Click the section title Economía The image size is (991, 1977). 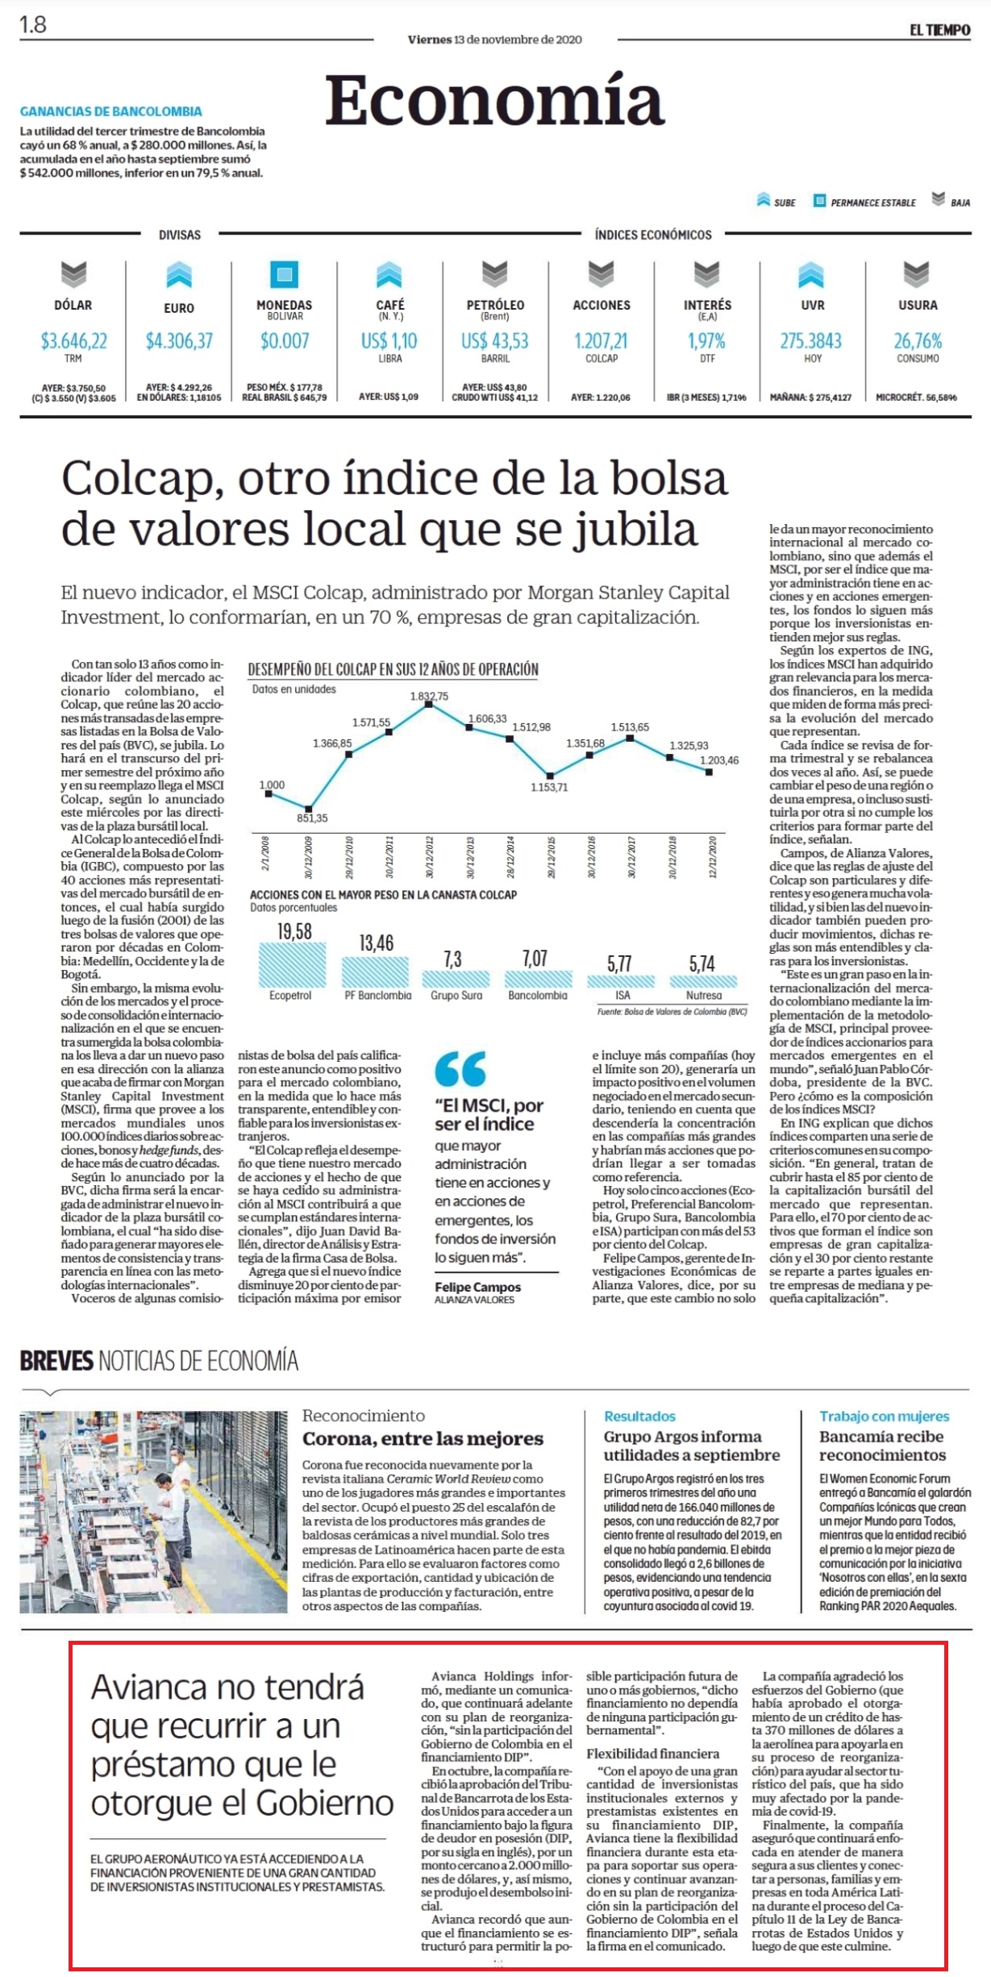(x=494, y=101)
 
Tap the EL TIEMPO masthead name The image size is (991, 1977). (x=939, y=30)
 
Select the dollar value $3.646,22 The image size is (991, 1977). (x=74, y=341)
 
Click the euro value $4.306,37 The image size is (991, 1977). (x=179, y=341)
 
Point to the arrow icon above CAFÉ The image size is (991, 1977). (x=389, y=274)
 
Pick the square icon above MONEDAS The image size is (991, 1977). (x=284, y=274)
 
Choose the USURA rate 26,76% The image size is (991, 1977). (x=918, y=341)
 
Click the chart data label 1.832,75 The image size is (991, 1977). (x=429, y=696)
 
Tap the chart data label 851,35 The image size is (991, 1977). (x=312, y=818)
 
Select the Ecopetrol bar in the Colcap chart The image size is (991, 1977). (x=292, y=964)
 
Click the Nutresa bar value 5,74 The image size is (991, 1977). (x=702, y=964)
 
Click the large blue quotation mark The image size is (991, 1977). (x=460, y=1069)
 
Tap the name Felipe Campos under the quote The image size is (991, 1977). (x=478, y=1288)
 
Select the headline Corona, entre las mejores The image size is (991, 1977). (x=423, y=1438)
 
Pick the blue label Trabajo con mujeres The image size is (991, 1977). (x=885, y=1416)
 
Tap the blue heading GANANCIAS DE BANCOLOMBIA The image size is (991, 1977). (x=111, y=111)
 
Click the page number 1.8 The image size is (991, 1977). (x=33, y=25)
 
